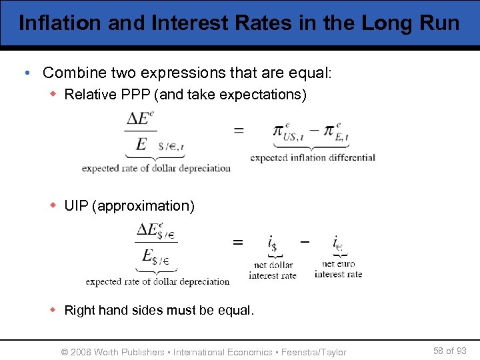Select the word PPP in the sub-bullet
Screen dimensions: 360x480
(136, 95)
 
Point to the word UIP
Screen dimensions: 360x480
(77, 206)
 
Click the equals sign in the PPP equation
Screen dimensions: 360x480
(238, 131)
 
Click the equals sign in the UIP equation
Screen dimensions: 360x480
(237, 243)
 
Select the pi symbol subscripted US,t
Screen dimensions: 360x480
(283, 131)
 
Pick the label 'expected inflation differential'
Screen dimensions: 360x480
(313, 158)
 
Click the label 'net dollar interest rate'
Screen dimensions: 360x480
(272, 270)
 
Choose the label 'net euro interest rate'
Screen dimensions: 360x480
(338, 269)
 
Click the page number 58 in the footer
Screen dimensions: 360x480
(439, 351)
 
